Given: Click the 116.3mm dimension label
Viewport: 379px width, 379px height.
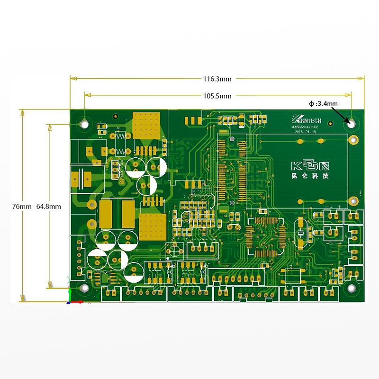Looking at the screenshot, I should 217,79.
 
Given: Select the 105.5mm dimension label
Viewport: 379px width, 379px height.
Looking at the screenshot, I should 217,96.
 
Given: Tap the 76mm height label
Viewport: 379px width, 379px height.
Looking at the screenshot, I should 22,207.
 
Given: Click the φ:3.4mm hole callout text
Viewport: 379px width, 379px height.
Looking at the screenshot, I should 323,103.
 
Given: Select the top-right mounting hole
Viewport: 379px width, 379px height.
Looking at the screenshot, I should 351,122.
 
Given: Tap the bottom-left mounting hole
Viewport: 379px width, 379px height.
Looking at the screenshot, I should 85,288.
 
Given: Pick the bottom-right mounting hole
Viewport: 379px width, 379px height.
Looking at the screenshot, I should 351,287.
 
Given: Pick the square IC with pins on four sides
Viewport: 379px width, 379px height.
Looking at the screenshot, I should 264,235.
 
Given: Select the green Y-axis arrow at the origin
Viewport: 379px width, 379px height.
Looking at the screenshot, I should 70,293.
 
